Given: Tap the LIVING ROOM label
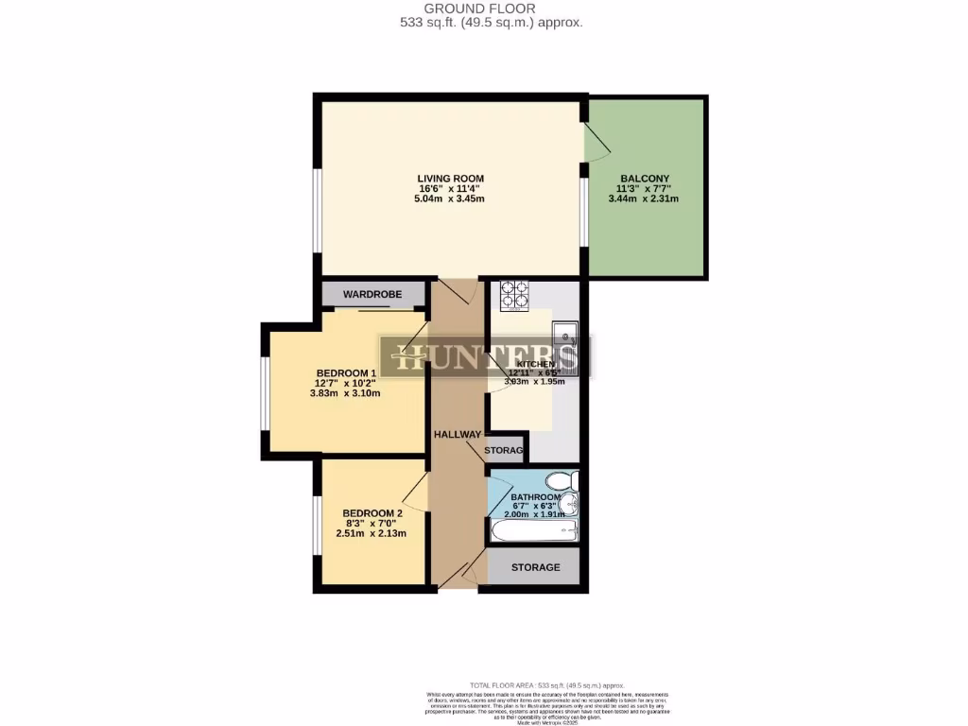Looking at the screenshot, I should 451,178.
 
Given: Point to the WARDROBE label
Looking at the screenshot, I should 372,295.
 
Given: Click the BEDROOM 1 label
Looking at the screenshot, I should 345,372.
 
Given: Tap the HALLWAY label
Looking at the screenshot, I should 458,434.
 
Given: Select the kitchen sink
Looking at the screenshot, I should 565,335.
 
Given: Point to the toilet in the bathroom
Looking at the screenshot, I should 566,482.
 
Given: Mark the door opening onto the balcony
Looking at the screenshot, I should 596,141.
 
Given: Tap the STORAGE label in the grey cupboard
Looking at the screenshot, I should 535,567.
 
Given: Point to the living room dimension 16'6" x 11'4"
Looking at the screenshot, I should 451,188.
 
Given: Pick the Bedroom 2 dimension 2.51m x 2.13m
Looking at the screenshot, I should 372,533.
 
